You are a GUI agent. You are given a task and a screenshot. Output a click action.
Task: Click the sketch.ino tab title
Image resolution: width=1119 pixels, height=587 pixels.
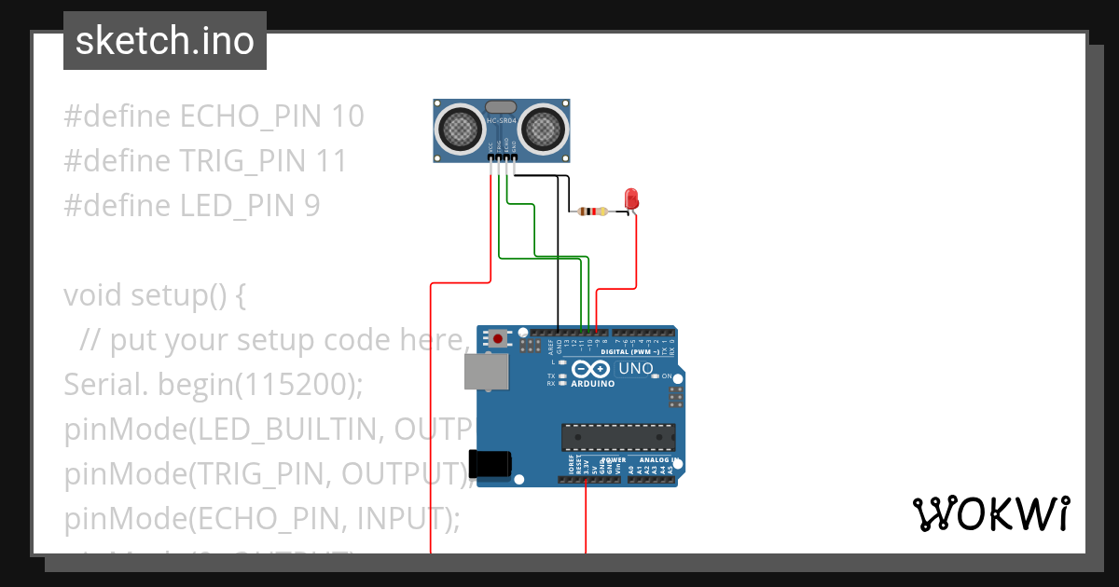(165, 41)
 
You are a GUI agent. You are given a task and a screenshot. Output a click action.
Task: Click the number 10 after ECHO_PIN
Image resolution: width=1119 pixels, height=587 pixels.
(347, 116)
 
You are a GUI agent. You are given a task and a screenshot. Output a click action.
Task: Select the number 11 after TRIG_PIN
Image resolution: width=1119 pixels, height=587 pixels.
(332, 161)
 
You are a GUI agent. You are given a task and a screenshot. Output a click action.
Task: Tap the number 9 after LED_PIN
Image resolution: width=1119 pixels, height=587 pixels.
(311, 205)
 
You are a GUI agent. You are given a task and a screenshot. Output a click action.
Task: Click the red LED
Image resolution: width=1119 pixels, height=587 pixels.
(631, 198)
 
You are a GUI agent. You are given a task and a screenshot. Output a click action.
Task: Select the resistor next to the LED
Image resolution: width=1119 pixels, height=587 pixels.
(591, 212)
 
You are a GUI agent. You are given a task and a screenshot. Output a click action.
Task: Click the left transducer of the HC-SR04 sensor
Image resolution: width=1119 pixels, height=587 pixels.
(461, 129)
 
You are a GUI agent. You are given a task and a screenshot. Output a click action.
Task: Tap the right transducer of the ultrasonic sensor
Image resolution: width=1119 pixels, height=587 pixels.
(543, 129)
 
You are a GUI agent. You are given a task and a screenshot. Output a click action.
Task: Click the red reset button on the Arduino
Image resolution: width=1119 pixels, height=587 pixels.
(499, 339)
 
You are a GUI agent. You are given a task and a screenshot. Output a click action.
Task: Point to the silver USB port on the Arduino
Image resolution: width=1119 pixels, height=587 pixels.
(487, 371)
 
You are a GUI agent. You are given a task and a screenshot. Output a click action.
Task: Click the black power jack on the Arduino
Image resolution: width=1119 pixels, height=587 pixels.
(490, 463)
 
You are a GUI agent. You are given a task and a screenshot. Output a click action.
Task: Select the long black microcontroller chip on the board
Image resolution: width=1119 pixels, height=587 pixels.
(618, 437)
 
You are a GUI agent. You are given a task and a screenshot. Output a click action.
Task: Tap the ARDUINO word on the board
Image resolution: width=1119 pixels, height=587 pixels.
(591, 383)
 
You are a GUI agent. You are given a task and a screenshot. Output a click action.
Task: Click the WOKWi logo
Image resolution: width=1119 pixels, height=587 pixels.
(990, 513)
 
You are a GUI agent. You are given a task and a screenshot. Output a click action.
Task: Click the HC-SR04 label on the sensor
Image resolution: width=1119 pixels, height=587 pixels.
(501, 121)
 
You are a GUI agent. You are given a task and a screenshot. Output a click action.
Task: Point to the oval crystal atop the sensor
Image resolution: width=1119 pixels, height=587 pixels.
(501, 107)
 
